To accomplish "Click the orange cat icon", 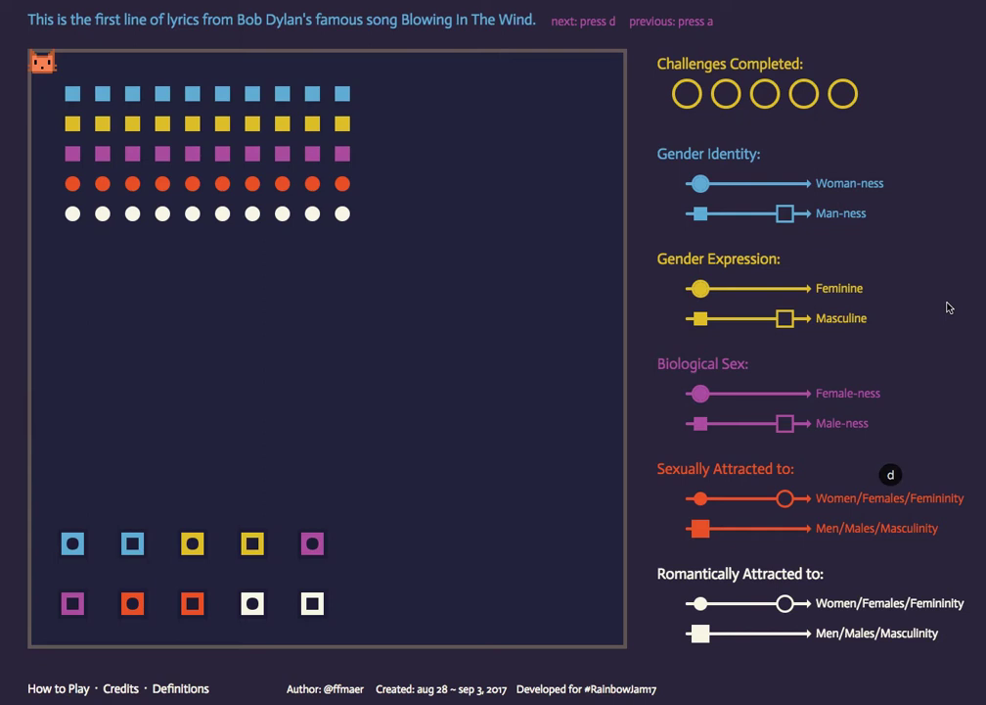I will coord(42,63).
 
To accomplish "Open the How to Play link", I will coord(59,688).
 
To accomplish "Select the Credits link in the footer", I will coord(121,688).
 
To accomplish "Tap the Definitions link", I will coord(181,688).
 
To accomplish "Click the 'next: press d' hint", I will coord(583,22).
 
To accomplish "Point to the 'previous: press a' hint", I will coord(671,22).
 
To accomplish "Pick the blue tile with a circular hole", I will coord(73,543).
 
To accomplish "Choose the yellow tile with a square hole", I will coord(252,543).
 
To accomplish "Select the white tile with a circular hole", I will coord(252,604).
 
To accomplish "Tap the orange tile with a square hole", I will coord(193,604).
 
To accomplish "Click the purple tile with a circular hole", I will coord(312,543).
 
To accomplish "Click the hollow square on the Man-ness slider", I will coord(784,213).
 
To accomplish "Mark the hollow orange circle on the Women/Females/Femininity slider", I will coord(784,498).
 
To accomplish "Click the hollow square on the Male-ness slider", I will coord(784,424).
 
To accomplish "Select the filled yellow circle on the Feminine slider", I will coord(699,289).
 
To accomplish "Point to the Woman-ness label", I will coord(849,183).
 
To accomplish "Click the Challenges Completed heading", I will coord(730,64).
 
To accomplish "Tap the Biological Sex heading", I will coord(702,364).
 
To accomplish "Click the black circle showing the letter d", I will coord(890,475).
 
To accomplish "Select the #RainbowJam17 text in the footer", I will coord(621,689).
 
